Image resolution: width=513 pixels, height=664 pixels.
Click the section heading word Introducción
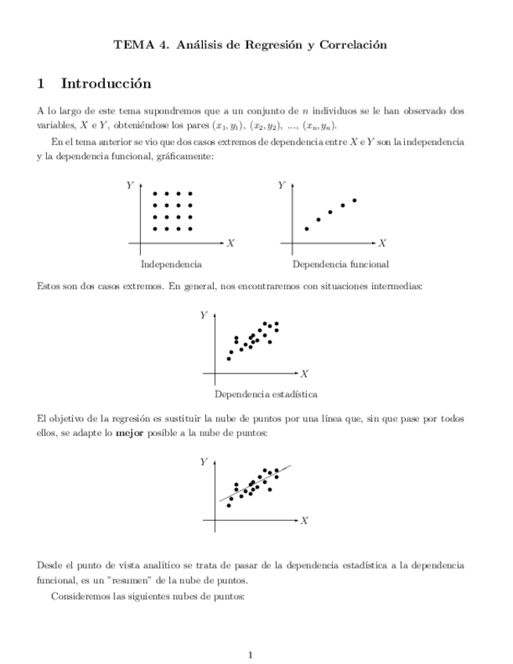pyautogui.click(x=106, y=83)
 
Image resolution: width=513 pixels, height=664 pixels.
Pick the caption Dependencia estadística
pyautogui.click(x=255, y=394)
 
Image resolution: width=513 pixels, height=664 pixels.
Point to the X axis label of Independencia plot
pyautogui.click(x=230, y=244)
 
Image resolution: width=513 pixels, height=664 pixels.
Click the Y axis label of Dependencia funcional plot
pyautogui.click(x=280, y=186)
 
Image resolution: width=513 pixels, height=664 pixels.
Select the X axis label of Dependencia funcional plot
pyautogui.click(x=382, y=244)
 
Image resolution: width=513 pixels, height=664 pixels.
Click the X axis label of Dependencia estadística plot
pyautogui.click(x=305, y=373)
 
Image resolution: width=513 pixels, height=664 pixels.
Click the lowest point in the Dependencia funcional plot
pyautogui.click(x=306, y=229)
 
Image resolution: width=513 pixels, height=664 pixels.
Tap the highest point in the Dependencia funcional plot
pyautogui.click(x=355, y=200)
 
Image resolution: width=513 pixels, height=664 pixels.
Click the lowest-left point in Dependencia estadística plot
pyautogui.click(x=229, y=359)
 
